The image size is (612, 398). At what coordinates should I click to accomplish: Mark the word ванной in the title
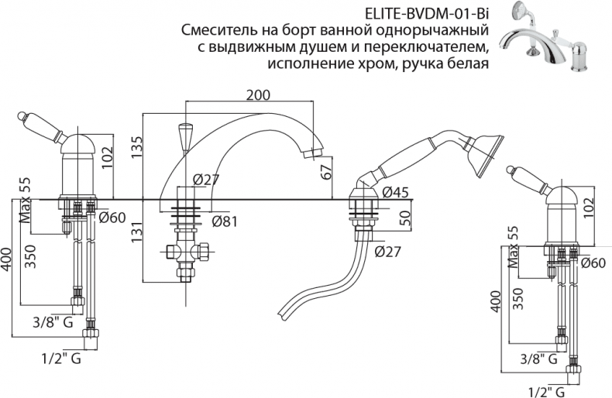click(x=324, y=31)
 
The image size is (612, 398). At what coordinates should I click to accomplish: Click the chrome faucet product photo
click(x=552, y=39)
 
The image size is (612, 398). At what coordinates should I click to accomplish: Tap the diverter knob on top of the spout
click(x=184, y=136)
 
